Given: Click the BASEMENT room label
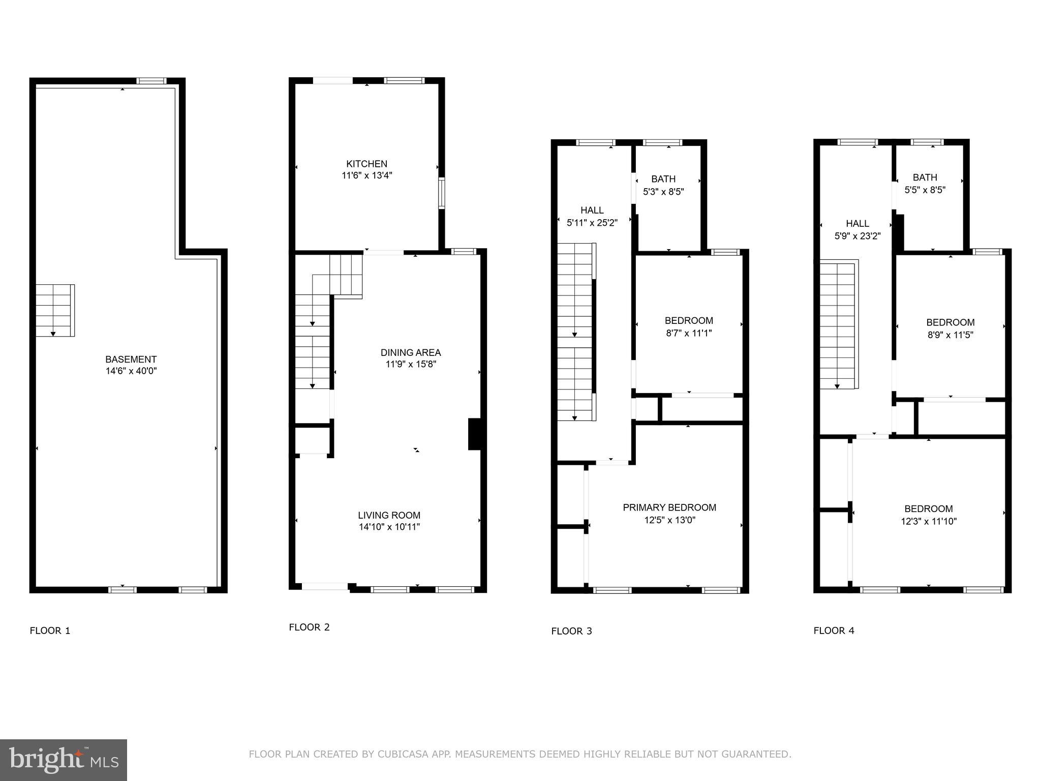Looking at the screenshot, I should (x=131, y=359).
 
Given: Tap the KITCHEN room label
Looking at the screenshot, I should (x=366, y=164).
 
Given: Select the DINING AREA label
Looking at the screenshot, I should (x=410, y=352).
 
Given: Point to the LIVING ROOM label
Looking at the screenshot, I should (x=389, y=515).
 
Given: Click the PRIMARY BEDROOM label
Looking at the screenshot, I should (x=669, y=507).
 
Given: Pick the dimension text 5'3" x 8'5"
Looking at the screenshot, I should (x=663, y=192).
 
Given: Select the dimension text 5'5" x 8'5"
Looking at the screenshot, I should (x=925, y=190).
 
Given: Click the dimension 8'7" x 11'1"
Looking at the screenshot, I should (x=688, y=334).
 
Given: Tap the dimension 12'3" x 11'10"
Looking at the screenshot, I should (x=928, y=521).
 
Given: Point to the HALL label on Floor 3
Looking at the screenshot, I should (x=592, y=210).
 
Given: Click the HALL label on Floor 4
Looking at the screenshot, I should (x=857, y=223).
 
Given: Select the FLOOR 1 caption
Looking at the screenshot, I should (x=50, y=631).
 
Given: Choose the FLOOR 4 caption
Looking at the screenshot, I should (x=834, y=631).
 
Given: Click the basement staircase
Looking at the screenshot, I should (x=54, y=310).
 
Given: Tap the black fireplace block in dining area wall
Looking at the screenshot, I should (x=474, y=434).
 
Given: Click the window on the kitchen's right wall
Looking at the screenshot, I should (x=441, y=193).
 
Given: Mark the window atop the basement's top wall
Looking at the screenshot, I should (x=151, y=81).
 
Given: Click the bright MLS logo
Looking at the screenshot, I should (x=63, y=760).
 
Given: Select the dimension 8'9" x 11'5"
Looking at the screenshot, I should (x=950, y=335).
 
